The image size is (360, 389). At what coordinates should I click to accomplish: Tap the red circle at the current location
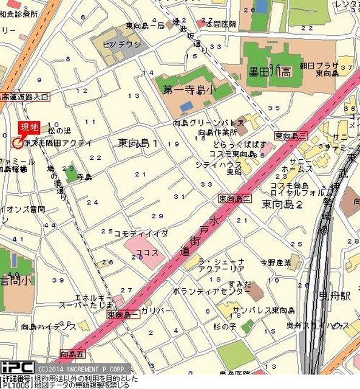tap(16, 142)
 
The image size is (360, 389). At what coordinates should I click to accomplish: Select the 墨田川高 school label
tap(270, 71)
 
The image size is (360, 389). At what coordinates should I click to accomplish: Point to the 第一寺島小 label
tap(189, 89)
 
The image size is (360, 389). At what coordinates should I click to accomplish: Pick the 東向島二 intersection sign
tap(234, 198)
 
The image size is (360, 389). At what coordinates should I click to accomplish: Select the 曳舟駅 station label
tap(336, 296)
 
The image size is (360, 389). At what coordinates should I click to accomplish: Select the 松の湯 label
tap(59, 131)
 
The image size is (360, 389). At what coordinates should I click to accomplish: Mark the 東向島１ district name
tap(138, 143)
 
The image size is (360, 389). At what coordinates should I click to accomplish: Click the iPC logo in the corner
tap(16, 368)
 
